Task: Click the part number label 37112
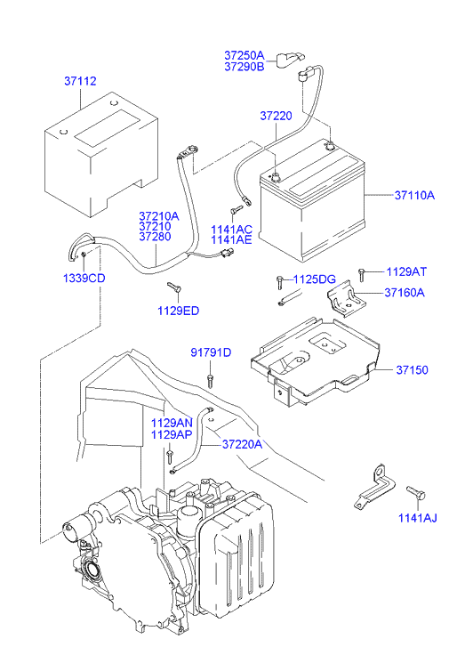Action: tap(80, 81)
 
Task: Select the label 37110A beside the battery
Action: tap(414, 195)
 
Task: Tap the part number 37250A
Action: tap(245, 55)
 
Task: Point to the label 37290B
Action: tap(245, 67)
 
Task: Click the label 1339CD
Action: tap(84, 278)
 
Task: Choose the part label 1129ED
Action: tap(178, 311)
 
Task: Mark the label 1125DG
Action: tap(314, 279)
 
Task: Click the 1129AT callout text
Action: tap(406, 271)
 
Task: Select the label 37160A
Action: tap(405, 293)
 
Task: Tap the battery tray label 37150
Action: tap(412, 369)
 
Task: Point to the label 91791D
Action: tap(211, 352)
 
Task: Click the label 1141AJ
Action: tap(417, 518)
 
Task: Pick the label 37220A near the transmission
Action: tap(243, 444)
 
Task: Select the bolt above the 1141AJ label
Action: tap(415, 491)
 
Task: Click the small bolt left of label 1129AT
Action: tap(362, 275)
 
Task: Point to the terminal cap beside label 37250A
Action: tap(290, 59)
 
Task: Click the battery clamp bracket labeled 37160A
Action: tap(347, 300)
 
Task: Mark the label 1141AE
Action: tap(231, 240)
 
